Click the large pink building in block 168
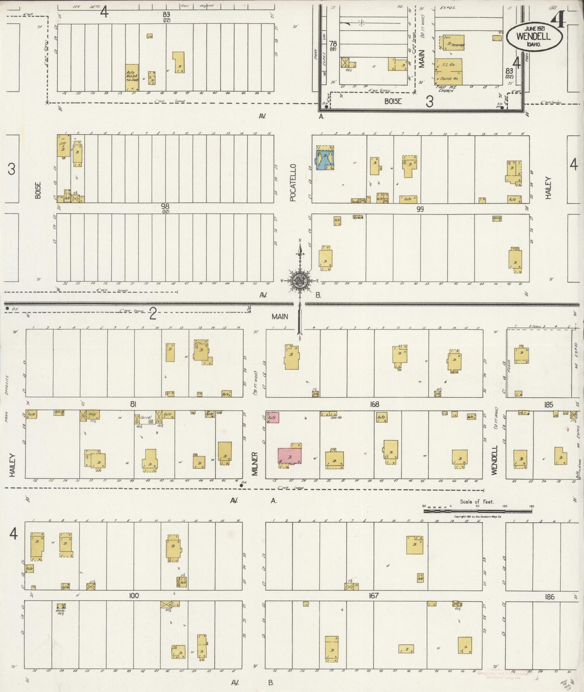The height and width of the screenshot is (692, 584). pos(290,455)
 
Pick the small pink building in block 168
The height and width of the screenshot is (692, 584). pos(273,418)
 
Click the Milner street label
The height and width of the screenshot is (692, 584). pos(255,463)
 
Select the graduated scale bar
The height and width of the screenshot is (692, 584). pos(477,511)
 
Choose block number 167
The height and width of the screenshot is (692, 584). pos(373,596)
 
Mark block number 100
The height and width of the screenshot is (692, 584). pos(134,596)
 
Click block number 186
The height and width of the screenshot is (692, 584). pos(549,596)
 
